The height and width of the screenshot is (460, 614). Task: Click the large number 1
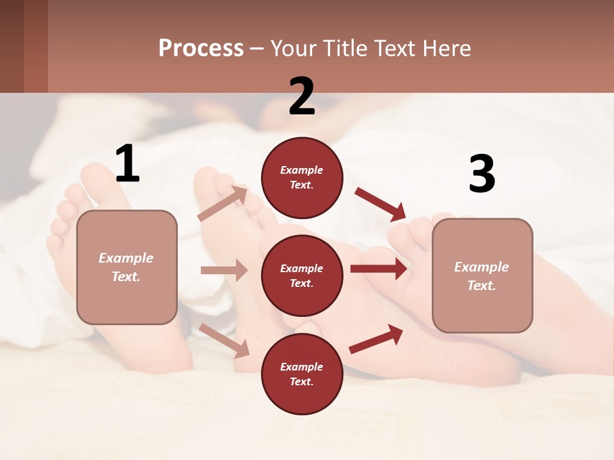[127, 164]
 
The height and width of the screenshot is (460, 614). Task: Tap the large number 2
[302, 96]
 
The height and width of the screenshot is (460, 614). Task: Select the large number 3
[482, 174]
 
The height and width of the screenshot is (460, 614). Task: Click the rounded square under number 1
[127, 267]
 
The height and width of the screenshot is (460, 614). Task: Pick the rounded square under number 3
[482, 276]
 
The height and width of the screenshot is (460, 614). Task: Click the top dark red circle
[302, 178]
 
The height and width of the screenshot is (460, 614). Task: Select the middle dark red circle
[302, 275]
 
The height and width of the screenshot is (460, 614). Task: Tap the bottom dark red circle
[302, 374]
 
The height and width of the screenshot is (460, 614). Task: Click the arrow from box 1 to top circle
[223, 203]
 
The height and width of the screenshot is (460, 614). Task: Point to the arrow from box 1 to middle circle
[224, 270]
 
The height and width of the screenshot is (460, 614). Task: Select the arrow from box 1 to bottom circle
[224, 341]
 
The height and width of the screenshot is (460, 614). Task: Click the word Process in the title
[201, 48]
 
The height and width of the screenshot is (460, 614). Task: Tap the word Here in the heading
[446, 48]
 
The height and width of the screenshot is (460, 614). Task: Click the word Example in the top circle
[302, 170]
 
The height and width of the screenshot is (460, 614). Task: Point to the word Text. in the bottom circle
[302, 381]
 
